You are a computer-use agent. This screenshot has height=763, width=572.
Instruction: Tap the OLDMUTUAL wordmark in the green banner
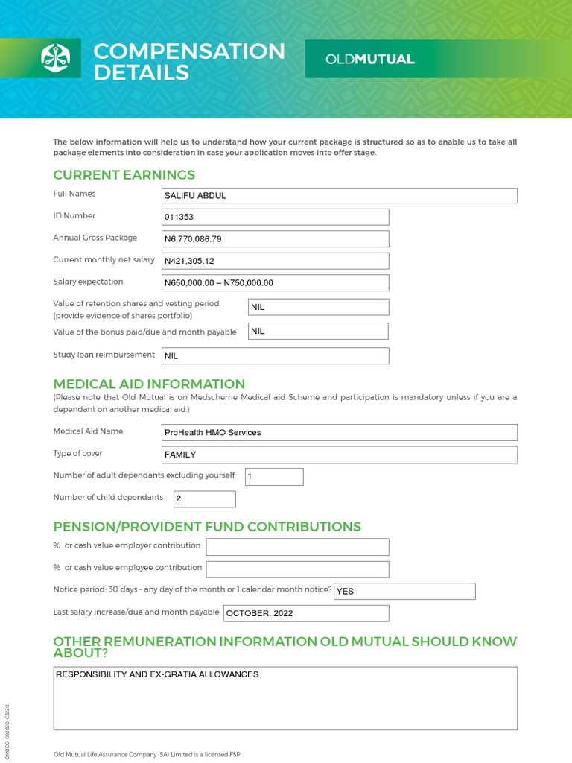[370, 60]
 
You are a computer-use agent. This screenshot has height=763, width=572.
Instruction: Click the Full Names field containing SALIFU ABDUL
[339, 196]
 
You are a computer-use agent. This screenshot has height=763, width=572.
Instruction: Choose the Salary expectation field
[275, 283]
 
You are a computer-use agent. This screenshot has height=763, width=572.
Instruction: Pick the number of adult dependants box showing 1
[274, 477]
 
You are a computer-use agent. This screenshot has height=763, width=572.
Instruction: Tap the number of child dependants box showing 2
[204, 499]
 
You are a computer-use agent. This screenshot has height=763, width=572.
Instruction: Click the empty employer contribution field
[297, 547]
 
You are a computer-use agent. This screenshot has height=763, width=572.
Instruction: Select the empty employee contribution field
[297, 569]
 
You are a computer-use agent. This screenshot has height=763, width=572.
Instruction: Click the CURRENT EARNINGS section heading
[124, 175]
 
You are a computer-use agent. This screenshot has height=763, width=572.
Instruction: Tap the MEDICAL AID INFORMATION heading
[149, 384]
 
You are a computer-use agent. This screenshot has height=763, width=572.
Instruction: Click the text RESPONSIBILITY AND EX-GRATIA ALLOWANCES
[157, 674]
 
